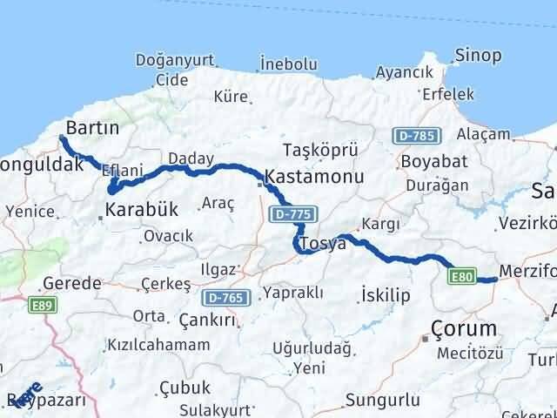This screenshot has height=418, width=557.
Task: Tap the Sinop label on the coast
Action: (x=478, y=56)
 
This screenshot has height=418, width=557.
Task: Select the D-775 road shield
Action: (x=293, y=214)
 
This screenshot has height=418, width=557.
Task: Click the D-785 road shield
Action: (x=418, y=136)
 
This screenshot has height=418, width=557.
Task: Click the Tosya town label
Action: (x=322, y=245)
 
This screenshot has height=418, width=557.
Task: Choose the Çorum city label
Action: (x=465, y=329)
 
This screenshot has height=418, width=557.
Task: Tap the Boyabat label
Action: (x=434, y=162)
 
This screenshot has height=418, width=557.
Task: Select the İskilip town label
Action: (x=385, y=296)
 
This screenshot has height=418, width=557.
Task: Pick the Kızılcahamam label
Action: (x=158, y=345)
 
